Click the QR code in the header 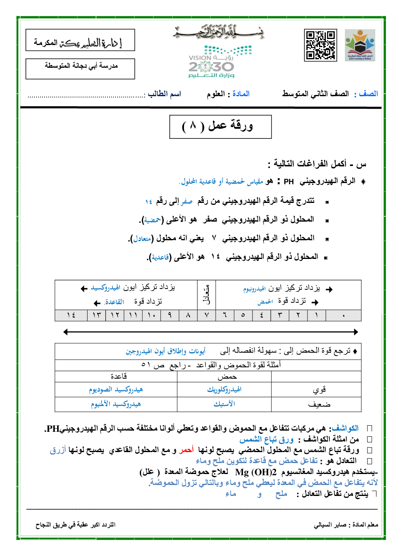click(x=321, y=45)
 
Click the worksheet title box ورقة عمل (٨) click(x=220, y=127)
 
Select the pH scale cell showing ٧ click(x=207, y=315)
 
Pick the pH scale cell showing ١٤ click(x=71, y=315)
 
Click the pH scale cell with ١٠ click(x=152, y=315)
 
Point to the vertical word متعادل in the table click(x=207, y=295)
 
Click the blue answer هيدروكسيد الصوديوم click(x=116, y=390)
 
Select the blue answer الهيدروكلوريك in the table click(x=224, y=390)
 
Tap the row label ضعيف click(x=319, y=405)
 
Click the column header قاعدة click(x=118, y=377)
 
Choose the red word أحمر click(x=186, y=450)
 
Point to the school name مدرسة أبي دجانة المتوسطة click(x=81, y=66)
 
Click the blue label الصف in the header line click(x=368, y=94)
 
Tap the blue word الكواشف click(x=345, y=428)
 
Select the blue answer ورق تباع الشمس click(x=266, y=439)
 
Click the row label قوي click(x=319, y=390)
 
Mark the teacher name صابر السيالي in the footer click(x=330, y=525)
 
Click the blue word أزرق click(x=58, y=450)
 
